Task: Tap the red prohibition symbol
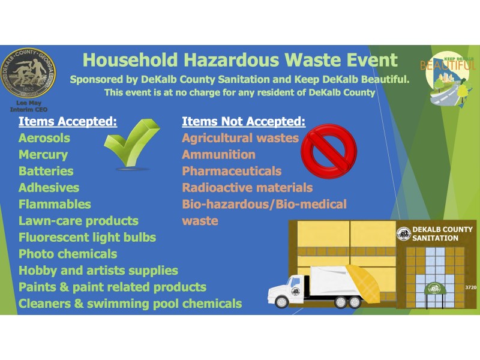pos(327,148)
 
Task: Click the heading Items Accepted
pos(67,122)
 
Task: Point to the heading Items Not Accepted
pos(244,122)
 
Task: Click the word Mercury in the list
pos(43,155)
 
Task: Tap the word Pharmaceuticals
pos(232,171)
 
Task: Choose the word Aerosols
pos(44,138)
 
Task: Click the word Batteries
pos(46,171)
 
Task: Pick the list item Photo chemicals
pos(68,254)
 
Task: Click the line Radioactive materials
pos(247,188)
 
